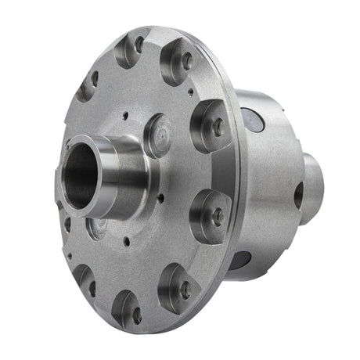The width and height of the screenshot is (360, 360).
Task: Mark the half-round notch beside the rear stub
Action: pos(298,195)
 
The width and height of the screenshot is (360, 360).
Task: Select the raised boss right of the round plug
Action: pos(211,124)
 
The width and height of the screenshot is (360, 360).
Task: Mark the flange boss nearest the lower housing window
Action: pos(211,213)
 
